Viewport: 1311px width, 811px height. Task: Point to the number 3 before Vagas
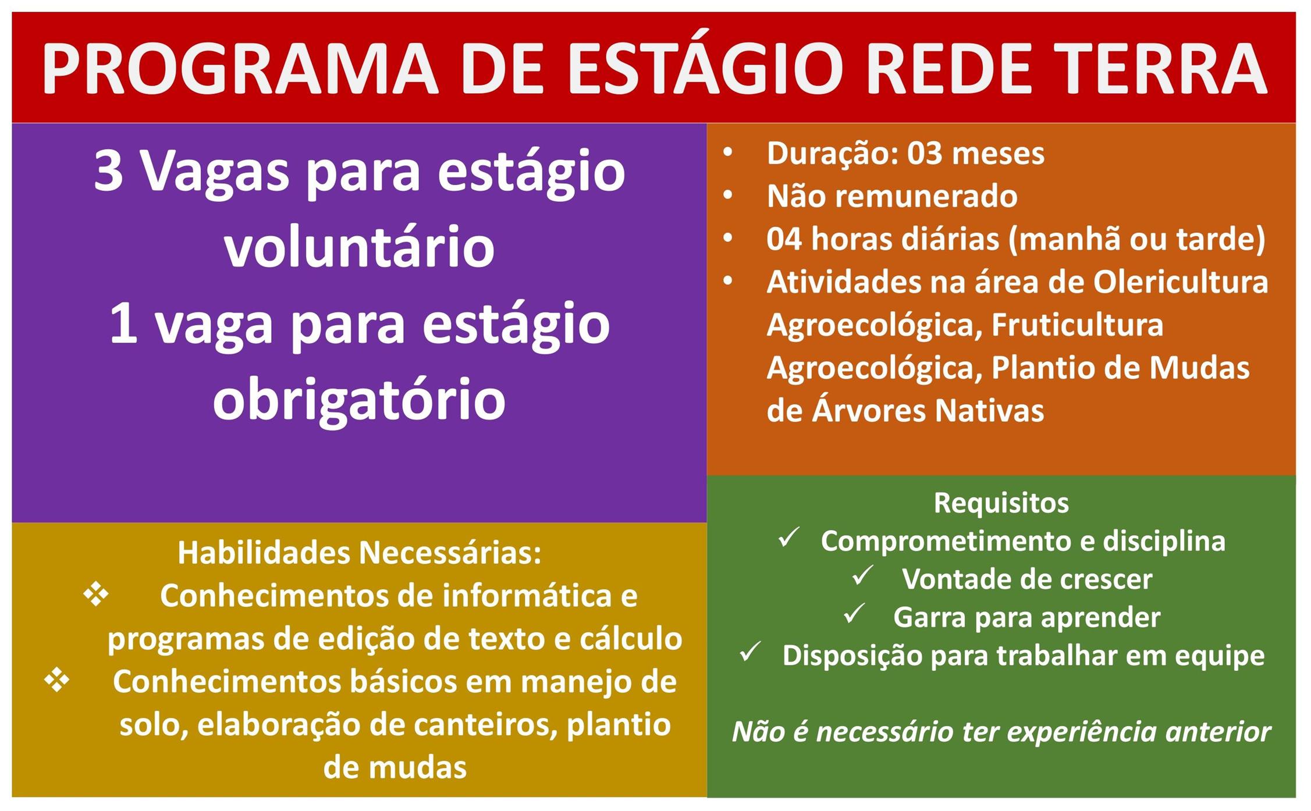point(108,172)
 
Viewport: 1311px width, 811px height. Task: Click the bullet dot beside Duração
point(728,153)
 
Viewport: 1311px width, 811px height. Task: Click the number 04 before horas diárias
point(784,239)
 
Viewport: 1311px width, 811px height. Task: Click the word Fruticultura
point(1077,325)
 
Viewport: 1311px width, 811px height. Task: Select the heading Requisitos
point(1001,503)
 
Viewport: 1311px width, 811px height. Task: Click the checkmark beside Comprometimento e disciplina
point(789,538)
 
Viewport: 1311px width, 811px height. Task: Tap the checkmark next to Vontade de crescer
point(862,575)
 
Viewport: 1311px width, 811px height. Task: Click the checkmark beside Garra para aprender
point(854,613)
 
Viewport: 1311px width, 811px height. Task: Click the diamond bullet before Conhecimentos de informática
point(96,594)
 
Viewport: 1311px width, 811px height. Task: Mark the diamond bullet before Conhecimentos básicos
point(57,680)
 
